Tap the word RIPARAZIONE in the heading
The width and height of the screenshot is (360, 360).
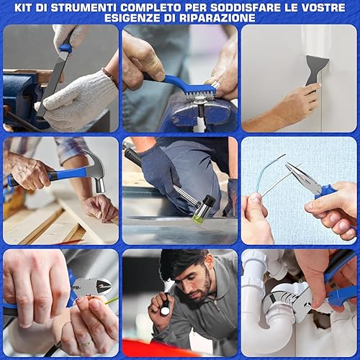pos(217,18)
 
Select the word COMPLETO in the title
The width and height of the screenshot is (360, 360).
pos(151,8)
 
